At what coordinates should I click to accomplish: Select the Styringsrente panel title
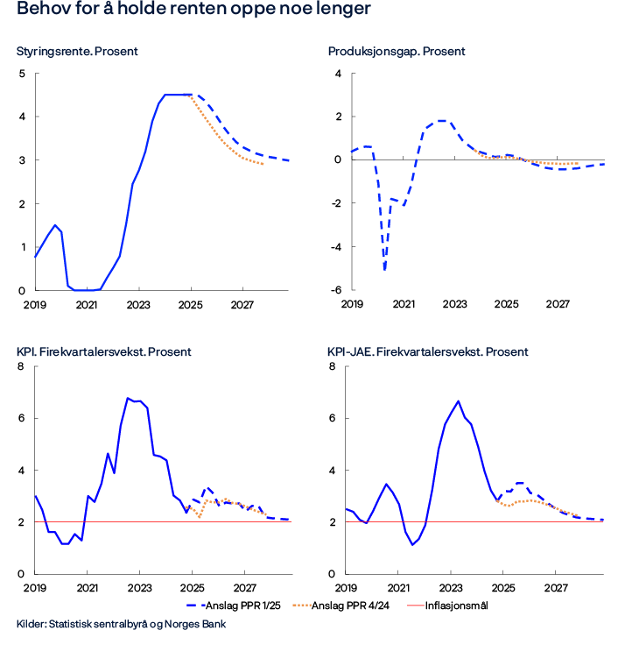click(77, 52)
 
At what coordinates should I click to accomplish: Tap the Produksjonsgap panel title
click(396, 52)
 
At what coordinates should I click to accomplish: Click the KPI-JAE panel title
click(427, 352)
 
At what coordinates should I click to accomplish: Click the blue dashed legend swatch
click(197, 605)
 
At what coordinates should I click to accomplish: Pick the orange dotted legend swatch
click(302, 605)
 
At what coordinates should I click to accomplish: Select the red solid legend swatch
click(416, 605)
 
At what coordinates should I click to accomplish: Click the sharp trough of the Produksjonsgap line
click(384, 269)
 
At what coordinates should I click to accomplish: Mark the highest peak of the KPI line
click(128, 398)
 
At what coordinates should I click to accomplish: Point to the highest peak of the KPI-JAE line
click(459, 400)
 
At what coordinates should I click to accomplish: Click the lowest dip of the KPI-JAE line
click(414, 545)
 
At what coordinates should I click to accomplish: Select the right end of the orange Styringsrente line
click(263, 164)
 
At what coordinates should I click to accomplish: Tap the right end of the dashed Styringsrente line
click(290, 161)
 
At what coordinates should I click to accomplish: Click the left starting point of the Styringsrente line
click(35, 258)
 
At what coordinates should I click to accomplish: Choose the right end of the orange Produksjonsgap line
click(579, 164)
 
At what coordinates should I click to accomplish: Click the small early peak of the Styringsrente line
click(57, 224)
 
